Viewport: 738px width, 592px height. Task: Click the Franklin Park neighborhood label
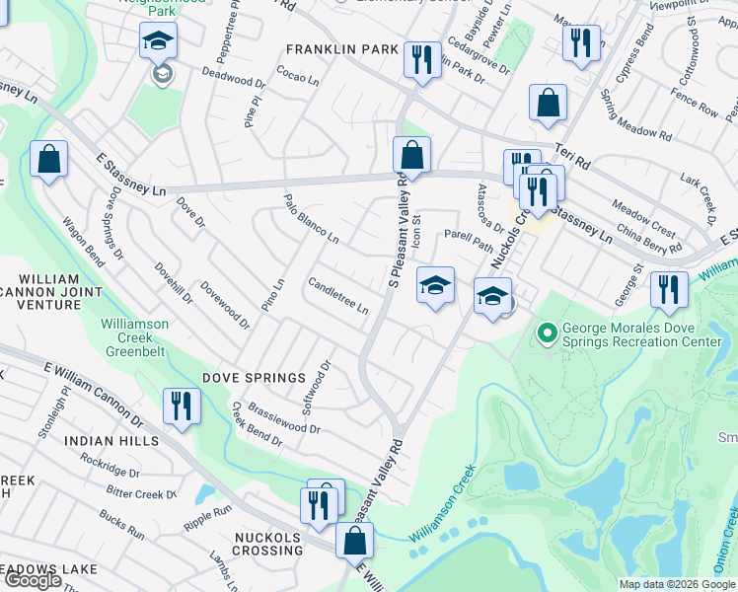pos(342,48)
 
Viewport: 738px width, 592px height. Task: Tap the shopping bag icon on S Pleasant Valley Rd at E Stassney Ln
pos(411,155)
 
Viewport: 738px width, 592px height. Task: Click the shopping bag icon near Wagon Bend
pos(47,160)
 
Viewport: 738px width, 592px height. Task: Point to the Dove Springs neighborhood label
pos(255,378)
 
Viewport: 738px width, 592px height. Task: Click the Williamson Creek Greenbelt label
pos(134,336)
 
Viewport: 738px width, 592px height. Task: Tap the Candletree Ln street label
pos(338,296)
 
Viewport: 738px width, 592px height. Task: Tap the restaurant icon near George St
pos(669,289)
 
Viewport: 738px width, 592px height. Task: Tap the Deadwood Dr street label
pos(235,79)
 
